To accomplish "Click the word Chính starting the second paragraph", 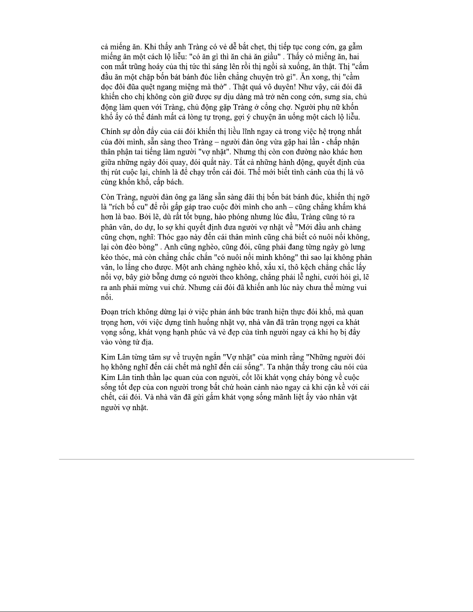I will (x=110, y=132).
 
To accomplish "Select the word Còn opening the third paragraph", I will (x=108, y=197).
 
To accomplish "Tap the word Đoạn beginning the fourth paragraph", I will (x=109, y=312).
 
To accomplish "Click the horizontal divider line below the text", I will (x=236, y=459).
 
